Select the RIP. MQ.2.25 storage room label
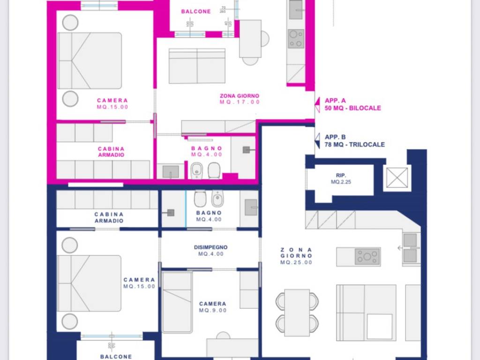click(x=340, y=179)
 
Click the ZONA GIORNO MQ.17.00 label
click(x=239, y=99)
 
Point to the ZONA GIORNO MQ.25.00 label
click(x=296, y=256)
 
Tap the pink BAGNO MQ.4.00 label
click(x=206, y=151)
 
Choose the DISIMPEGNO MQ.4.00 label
click(x=210, y=250)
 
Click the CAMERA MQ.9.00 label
click(x=212, y=307)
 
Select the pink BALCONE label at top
click(x=196, y=12)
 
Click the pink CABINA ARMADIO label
click(x=111, y=151)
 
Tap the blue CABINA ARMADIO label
click(x=109, y=217)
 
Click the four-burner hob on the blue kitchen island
click(x=367, y=256)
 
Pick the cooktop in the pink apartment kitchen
click(x=296, y=39)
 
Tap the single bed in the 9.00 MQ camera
click(x=177, y=302)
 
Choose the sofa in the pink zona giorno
click(x=197, y=66)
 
